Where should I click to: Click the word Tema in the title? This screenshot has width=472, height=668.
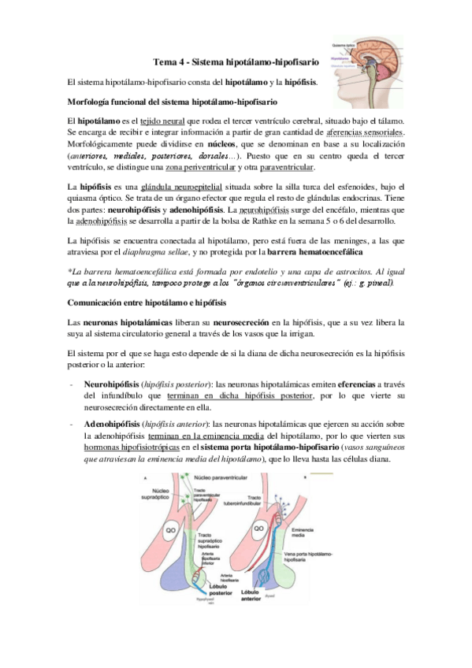tap(164, 61)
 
